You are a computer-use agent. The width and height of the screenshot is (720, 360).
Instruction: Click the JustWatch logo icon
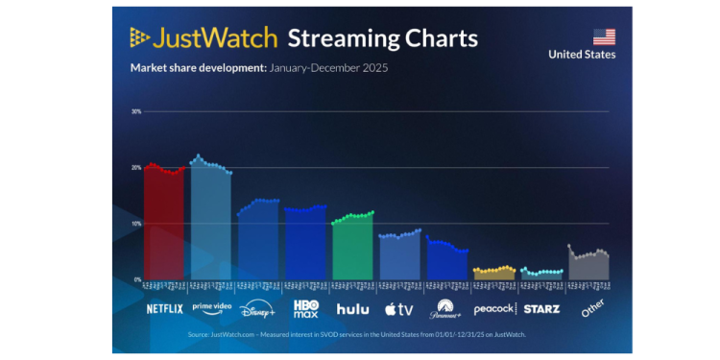[x=140, y=38]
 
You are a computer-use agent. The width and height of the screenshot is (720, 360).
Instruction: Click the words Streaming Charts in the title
[x=382, y=38]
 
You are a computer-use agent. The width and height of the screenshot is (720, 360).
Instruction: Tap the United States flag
[x=604, y=36]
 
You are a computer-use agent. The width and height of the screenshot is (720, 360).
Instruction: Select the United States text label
[x=582, y=55]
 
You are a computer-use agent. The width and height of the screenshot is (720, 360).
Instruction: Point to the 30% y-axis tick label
[x=135, y=111]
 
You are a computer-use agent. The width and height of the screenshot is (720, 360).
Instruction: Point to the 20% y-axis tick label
[x=135, y=167]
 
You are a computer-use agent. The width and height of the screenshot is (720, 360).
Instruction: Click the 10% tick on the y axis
[x=135, y=224]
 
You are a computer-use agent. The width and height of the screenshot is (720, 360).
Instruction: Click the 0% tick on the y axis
[x=136, y=279]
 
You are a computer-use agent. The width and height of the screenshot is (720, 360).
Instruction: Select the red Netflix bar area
[x=164, y=226]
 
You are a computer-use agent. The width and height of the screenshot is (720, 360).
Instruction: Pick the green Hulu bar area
[x=352, y=249]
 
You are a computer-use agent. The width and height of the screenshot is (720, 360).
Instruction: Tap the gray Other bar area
[x=588, y=268]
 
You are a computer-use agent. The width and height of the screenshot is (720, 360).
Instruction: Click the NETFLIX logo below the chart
[x=164, y=309]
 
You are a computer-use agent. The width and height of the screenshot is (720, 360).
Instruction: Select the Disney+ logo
[x=258, y=309]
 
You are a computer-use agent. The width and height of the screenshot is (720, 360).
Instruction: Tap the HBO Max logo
[x=305, y=308]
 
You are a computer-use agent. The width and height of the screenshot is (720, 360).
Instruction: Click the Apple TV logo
[x=398, y=309]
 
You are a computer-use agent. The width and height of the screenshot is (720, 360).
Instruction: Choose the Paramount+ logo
[x=446, y=309]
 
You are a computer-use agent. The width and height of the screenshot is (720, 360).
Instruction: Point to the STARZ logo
[x=541, y=309]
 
